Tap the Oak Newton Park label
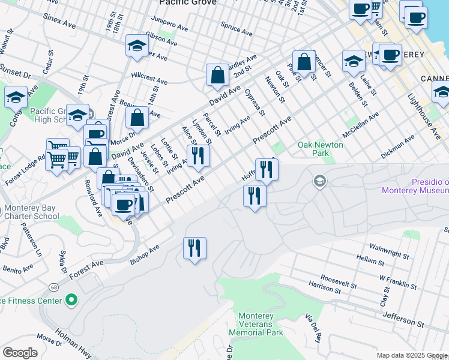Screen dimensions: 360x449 click(321, 149)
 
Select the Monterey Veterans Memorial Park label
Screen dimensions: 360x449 click(260, 324)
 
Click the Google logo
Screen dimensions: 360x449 click(20, 353)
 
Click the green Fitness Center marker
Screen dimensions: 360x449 click(71, 299)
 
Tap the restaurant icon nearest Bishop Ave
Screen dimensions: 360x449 click(194, 247)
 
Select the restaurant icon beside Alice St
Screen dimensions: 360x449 click(198, 155)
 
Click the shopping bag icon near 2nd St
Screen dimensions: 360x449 click(217, 75)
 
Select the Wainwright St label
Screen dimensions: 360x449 click(389, 251)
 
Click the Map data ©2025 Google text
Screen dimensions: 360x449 click(412, 355)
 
